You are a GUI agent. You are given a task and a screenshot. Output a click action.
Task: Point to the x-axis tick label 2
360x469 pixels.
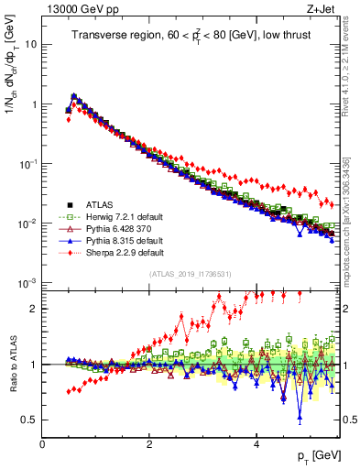[x=149, y=446]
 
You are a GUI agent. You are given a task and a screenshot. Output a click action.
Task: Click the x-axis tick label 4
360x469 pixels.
[x=256, y=446]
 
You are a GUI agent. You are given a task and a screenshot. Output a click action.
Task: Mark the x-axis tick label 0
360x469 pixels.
[x=42, y=446]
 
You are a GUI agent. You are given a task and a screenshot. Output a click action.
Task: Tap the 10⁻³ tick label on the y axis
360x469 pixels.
[x=27, y=283]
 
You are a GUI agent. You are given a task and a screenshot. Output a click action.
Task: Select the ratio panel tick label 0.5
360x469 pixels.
[x=28, y=420]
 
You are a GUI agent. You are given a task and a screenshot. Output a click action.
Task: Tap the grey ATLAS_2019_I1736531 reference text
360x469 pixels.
[x=190, y=274]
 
